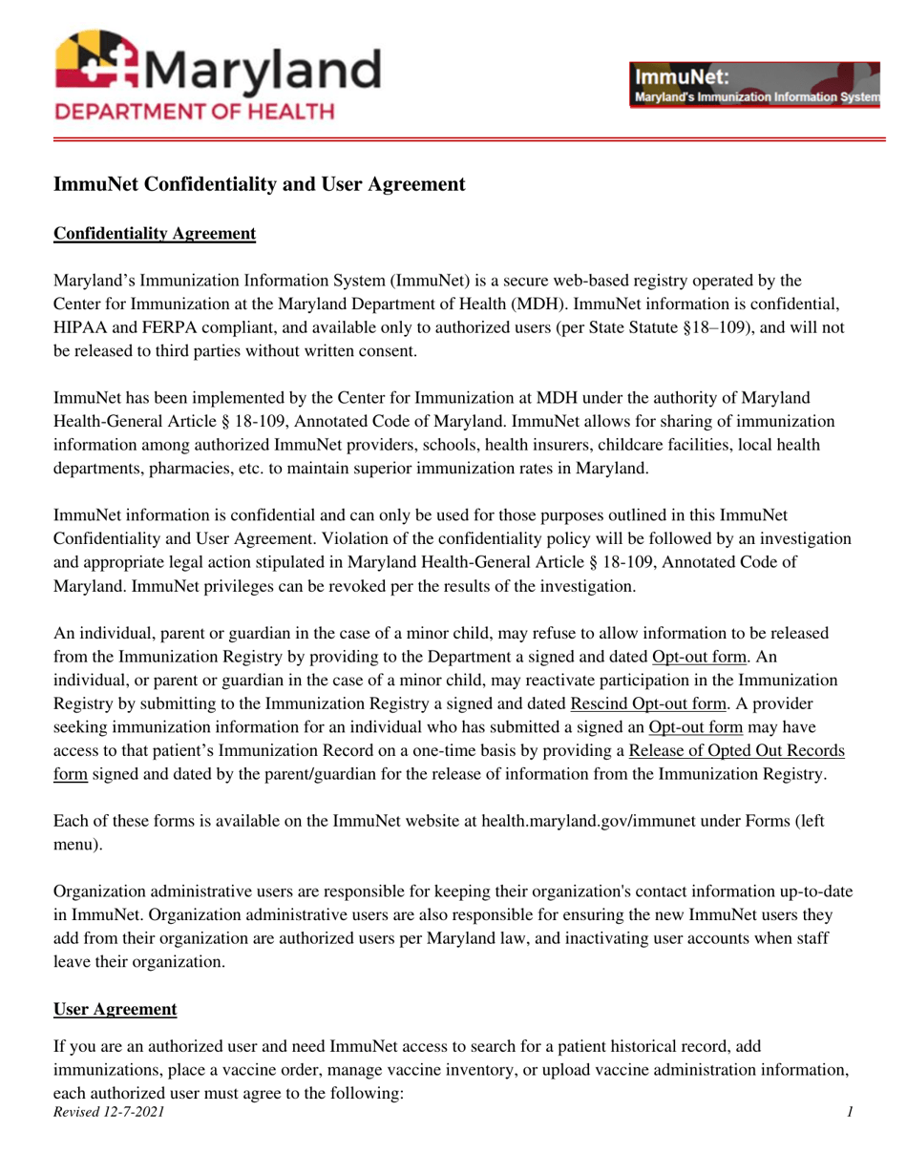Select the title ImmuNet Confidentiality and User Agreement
(259, 184)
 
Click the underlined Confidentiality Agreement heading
(155, 234)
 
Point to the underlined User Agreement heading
(116, 1009)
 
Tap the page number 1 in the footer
(849, 1112)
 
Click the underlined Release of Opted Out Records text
(737, 750)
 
